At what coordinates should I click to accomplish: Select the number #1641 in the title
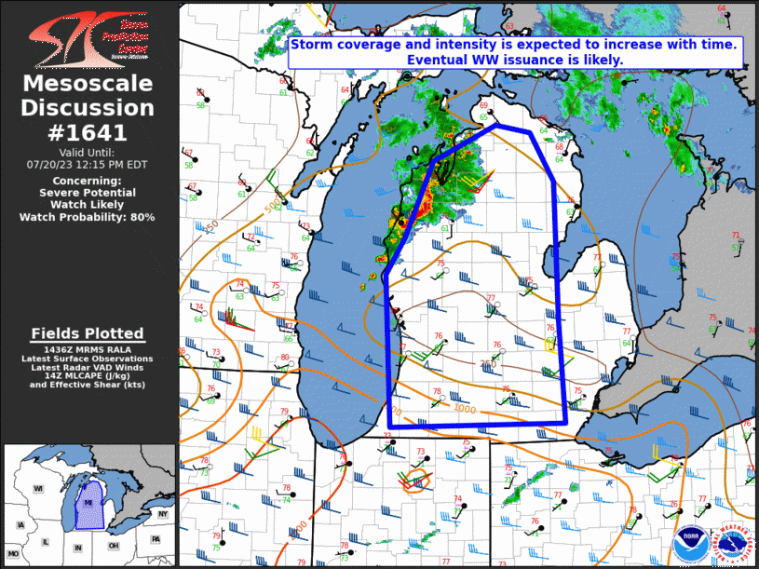(x=88, y=132)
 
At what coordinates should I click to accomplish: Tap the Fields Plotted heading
(x=88, y=332)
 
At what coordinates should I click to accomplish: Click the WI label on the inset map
(x=39, y=489)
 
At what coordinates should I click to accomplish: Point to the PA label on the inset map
(x=156, y=539)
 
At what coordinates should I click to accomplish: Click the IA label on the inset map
(x=20, y=526)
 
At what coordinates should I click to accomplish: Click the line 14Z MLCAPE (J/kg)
(x=88, y=374)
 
